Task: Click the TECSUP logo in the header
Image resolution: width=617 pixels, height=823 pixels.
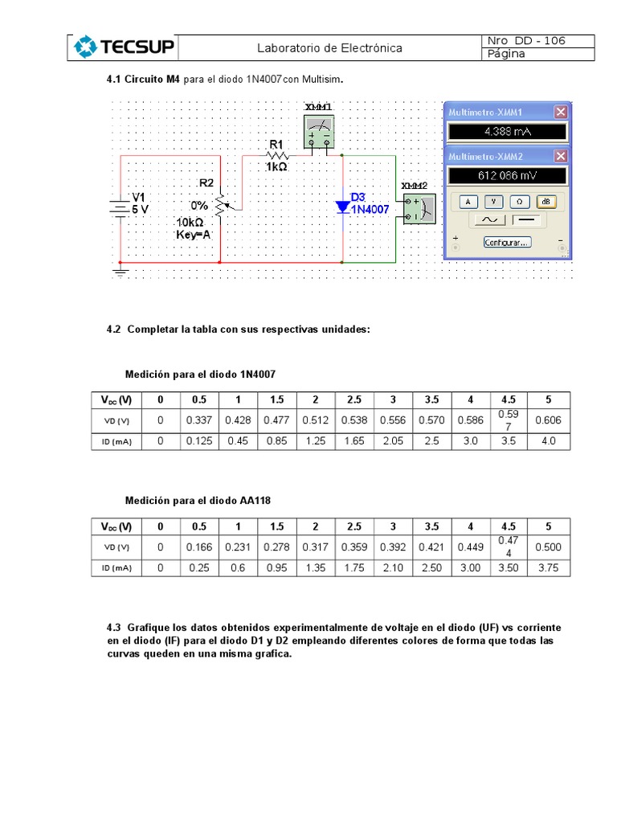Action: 124,47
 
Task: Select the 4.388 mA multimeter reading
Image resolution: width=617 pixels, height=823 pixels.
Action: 507,133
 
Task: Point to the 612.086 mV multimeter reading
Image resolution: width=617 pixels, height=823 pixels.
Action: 507,176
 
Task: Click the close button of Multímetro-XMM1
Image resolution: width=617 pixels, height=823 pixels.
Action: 561,112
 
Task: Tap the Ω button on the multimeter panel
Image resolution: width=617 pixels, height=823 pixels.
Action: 521,200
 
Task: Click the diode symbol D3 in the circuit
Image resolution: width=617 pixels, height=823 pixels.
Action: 343,207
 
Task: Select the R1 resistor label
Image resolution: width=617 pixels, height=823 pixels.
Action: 276,145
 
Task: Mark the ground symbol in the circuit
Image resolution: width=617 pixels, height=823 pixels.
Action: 121,272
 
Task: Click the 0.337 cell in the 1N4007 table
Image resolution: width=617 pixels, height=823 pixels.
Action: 199,420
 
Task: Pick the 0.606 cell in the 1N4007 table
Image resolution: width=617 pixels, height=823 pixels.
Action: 548,420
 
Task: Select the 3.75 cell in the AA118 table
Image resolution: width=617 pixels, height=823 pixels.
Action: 548,567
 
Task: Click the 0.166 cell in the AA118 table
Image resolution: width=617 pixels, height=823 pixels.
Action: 199,547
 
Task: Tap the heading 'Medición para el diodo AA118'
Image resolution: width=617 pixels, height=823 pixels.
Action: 198,500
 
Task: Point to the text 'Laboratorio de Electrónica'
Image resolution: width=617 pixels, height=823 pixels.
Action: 329,48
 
